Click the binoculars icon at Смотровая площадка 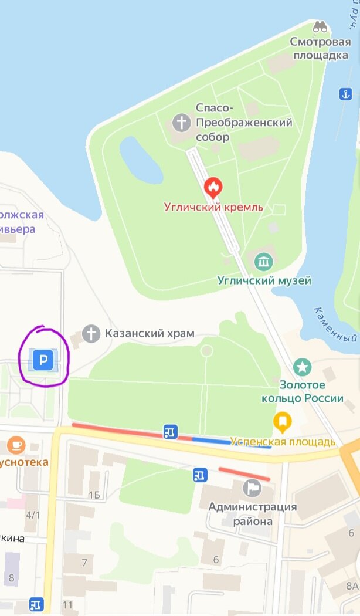320,27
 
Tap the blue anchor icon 346,94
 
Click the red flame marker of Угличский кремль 213,188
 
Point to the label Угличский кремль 213,207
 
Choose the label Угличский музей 264,280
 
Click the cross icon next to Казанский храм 91,334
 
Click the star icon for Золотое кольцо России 303,368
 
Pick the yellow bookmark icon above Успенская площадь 283,421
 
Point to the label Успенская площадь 283,442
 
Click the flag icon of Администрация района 253,487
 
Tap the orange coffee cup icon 16,445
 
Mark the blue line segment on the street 232,442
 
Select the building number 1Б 94,495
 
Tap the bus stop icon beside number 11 36,604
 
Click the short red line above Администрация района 244,474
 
